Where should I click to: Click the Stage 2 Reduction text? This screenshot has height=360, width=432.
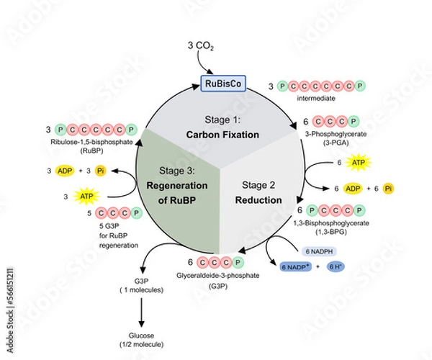click(x=256, y=191)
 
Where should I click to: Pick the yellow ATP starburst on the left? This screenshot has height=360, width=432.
click(x=86, y=195)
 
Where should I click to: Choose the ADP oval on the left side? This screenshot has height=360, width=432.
click(x=67, y=171)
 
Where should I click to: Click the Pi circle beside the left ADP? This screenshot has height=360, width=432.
click(x=101, y=171)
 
